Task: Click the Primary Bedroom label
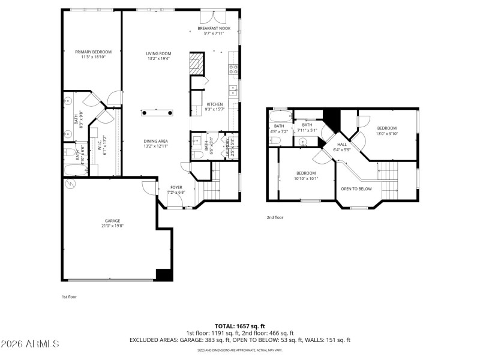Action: [93, 52]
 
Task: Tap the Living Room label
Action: [158, 53]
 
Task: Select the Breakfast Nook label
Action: [214, 28]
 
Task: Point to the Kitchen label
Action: [214, 104]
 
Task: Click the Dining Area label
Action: [156, 141]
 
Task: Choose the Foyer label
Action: [176, 187]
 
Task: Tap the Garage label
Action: [110, 221]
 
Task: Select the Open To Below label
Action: [356, 188]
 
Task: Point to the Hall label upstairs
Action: [342, 144]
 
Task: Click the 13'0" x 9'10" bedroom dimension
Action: [387, 134]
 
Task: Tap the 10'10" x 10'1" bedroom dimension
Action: [306, 178]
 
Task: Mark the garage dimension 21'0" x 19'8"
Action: [110, 226]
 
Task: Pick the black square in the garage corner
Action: [164, 275]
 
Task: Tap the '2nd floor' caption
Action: [275, 217]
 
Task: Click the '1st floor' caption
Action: [69, 296]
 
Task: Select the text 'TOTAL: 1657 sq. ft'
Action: [239, 326]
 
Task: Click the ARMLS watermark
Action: [30, 344]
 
